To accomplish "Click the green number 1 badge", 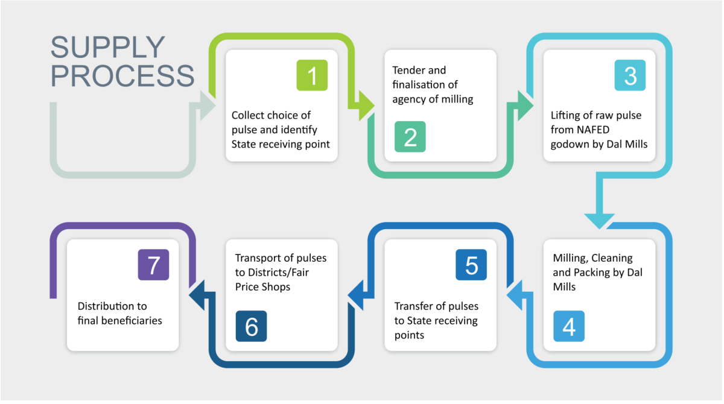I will pos(312,75).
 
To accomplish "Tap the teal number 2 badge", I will pos(410,137).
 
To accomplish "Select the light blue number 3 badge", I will pos(630,75).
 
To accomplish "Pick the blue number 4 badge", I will pos(569,326).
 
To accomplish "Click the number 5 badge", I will pos(471,265).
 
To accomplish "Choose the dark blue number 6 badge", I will pos(251,326).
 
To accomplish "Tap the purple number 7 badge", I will pos(153,265).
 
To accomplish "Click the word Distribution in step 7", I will pos(104,306).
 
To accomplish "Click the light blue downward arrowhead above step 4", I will pos(599,221).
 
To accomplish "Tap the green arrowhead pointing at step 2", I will pos(365,106).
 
